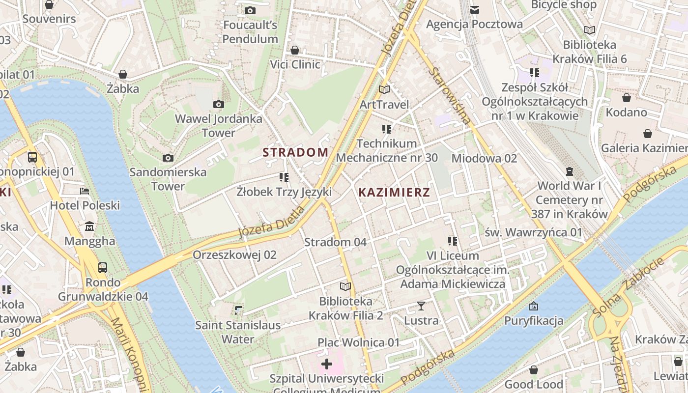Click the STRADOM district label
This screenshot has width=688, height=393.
(x=295, y=152)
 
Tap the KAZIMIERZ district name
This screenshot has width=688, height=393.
(x=394, y=192)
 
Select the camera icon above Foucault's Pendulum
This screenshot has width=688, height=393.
(x=250, y=10)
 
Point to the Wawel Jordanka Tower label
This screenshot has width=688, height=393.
(x=219, y=126)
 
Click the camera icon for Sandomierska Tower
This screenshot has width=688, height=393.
(x=168, y=158)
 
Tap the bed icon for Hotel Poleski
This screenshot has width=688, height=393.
(x=85, y=191)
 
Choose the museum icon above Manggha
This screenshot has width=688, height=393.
(x=90, y=226)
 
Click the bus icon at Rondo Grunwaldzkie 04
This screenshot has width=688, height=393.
(x=103, y=268)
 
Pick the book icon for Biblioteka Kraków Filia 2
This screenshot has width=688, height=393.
(x=345, y=286)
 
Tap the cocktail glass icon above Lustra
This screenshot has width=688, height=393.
(x=421, y=306)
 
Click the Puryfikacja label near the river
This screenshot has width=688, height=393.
(x=534, y=321)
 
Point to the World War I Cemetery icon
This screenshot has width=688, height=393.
(x=570, y=171)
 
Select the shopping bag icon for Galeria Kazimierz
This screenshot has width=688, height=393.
(x=648, y=134)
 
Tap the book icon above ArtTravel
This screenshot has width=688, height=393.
(x=384, y=90)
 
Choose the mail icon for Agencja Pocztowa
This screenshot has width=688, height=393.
(x=474, y=10)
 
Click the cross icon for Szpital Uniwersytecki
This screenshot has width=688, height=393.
(x=327, y=364)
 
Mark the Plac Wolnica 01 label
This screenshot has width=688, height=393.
(x=359, y=342)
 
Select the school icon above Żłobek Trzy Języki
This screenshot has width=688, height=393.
(x=284, y=177)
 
